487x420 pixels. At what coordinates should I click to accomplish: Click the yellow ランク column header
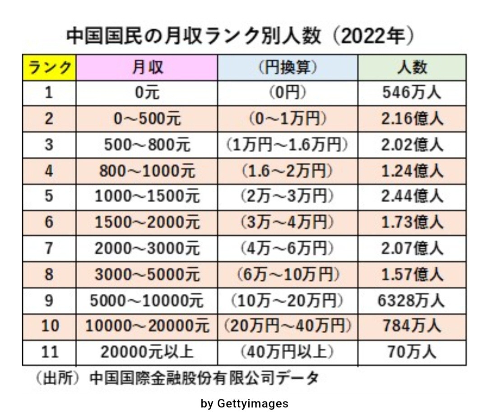pos(50,68)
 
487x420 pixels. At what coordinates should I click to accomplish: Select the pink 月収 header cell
pos(147,68)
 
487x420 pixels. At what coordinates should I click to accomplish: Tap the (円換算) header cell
pos(288,68)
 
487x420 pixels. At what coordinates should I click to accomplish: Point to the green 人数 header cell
pos(412,68)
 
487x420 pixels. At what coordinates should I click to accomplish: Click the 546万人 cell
pos(412,93)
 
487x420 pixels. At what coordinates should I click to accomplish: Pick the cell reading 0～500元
pos(147,119)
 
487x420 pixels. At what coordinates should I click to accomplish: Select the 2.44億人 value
pos(412,197)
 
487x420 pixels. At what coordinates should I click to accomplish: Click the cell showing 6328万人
pos(412,300)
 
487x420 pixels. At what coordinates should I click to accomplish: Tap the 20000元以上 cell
pos(147,352)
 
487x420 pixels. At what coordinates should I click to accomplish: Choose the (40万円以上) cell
pos(288,352)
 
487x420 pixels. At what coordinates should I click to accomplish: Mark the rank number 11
pos(50,352)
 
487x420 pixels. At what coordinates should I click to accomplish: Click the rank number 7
pos(50,248)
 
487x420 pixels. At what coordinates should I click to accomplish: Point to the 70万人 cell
pos(412,352)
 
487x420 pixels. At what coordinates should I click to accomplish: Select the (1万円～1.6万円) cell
pos(288,145)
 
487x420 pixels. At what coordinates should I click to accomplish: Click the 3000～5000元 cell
pos(147,274)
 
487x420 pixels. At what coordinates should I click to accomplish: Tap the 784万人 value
pos(412,326)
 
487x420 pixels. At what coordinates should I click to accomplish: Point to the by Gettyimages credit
pos(244,403)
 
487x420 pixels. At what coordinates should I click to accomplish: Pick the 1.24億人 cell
pos(412,171)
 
